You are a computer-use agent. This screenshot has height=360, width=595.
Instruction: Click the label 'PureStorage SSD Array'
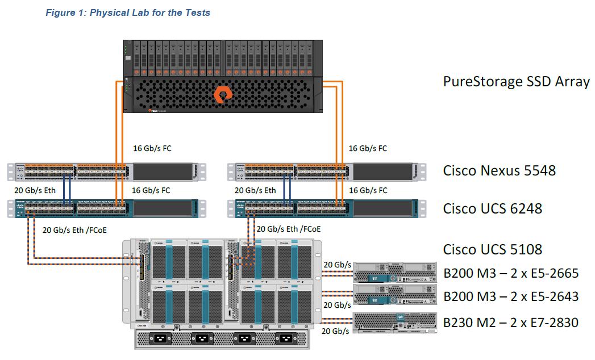[516, 81]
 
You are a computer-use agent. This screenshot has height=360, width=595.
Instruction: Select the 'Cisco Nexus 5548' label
[499, 170]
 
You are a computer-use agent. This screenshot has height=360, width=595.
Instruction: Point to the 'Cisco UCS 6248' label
[493, 208]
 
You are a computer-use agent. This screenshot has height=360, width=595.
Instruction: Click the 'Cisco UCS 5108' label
[493, 249]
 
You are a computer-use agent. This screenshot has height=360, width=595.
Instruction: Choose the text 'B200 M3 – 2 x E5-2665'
[511, 273]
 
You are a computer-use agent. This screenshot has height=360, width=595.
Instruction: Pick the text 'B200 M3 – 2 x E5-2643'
[511, 296]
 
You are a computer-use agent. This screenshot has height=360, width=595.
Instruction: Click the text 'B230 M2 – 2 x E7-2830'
[511, 323]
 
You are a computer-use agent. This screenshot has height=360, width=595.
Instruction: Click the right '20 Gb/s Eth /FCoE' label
[289, 229]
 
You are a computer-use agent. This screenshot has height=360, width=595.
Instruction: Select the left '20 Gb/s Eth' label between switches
[34, 190]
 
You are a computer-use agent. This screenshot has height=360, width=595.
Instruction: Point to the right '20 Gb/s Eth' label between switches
[255, 190]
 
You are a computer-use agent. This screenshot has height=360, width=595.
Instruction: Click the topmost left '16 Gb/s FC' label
[152, 148]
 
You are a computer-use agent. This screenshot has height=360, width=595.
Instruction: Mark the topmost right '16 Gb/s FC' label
[368, 148]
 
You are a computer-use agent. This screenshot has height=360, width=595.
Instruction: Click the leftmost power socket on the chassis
[156, 339]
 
